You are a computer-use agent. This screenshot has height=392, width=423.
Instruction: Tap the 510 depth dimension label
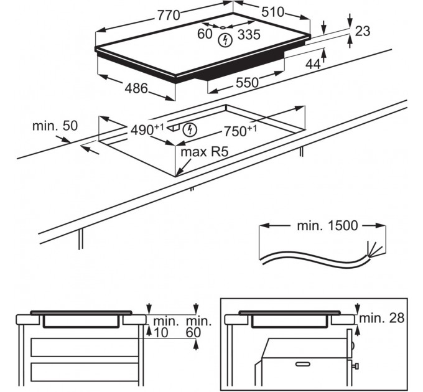point(272,12)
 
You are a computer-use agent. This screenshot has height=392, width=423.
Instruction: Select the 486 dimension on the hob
point(136,88)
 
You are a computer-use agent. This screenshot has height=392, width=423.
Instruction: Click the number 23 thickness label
point(363,30)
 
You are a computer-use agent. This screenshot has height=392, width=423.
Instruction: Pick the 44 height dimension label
point(313,63)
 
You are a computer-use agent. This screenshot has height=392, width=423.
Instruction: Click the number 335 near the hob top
point(249,35)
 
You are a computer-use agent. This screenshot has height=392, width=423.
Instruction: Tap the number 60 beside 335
point(205,35)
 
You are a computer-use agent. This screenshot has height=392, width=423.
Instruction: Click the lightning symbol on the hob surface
point(226,40)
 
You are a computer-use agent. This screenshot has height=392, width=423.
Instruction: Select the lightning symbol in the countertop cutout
point(191,129)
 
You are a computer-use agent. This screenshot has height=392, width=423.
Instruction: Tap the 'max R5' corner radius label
point(200,151)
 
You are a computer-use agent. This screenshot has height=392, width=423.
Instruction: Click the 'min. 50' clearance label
point(55,126)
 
